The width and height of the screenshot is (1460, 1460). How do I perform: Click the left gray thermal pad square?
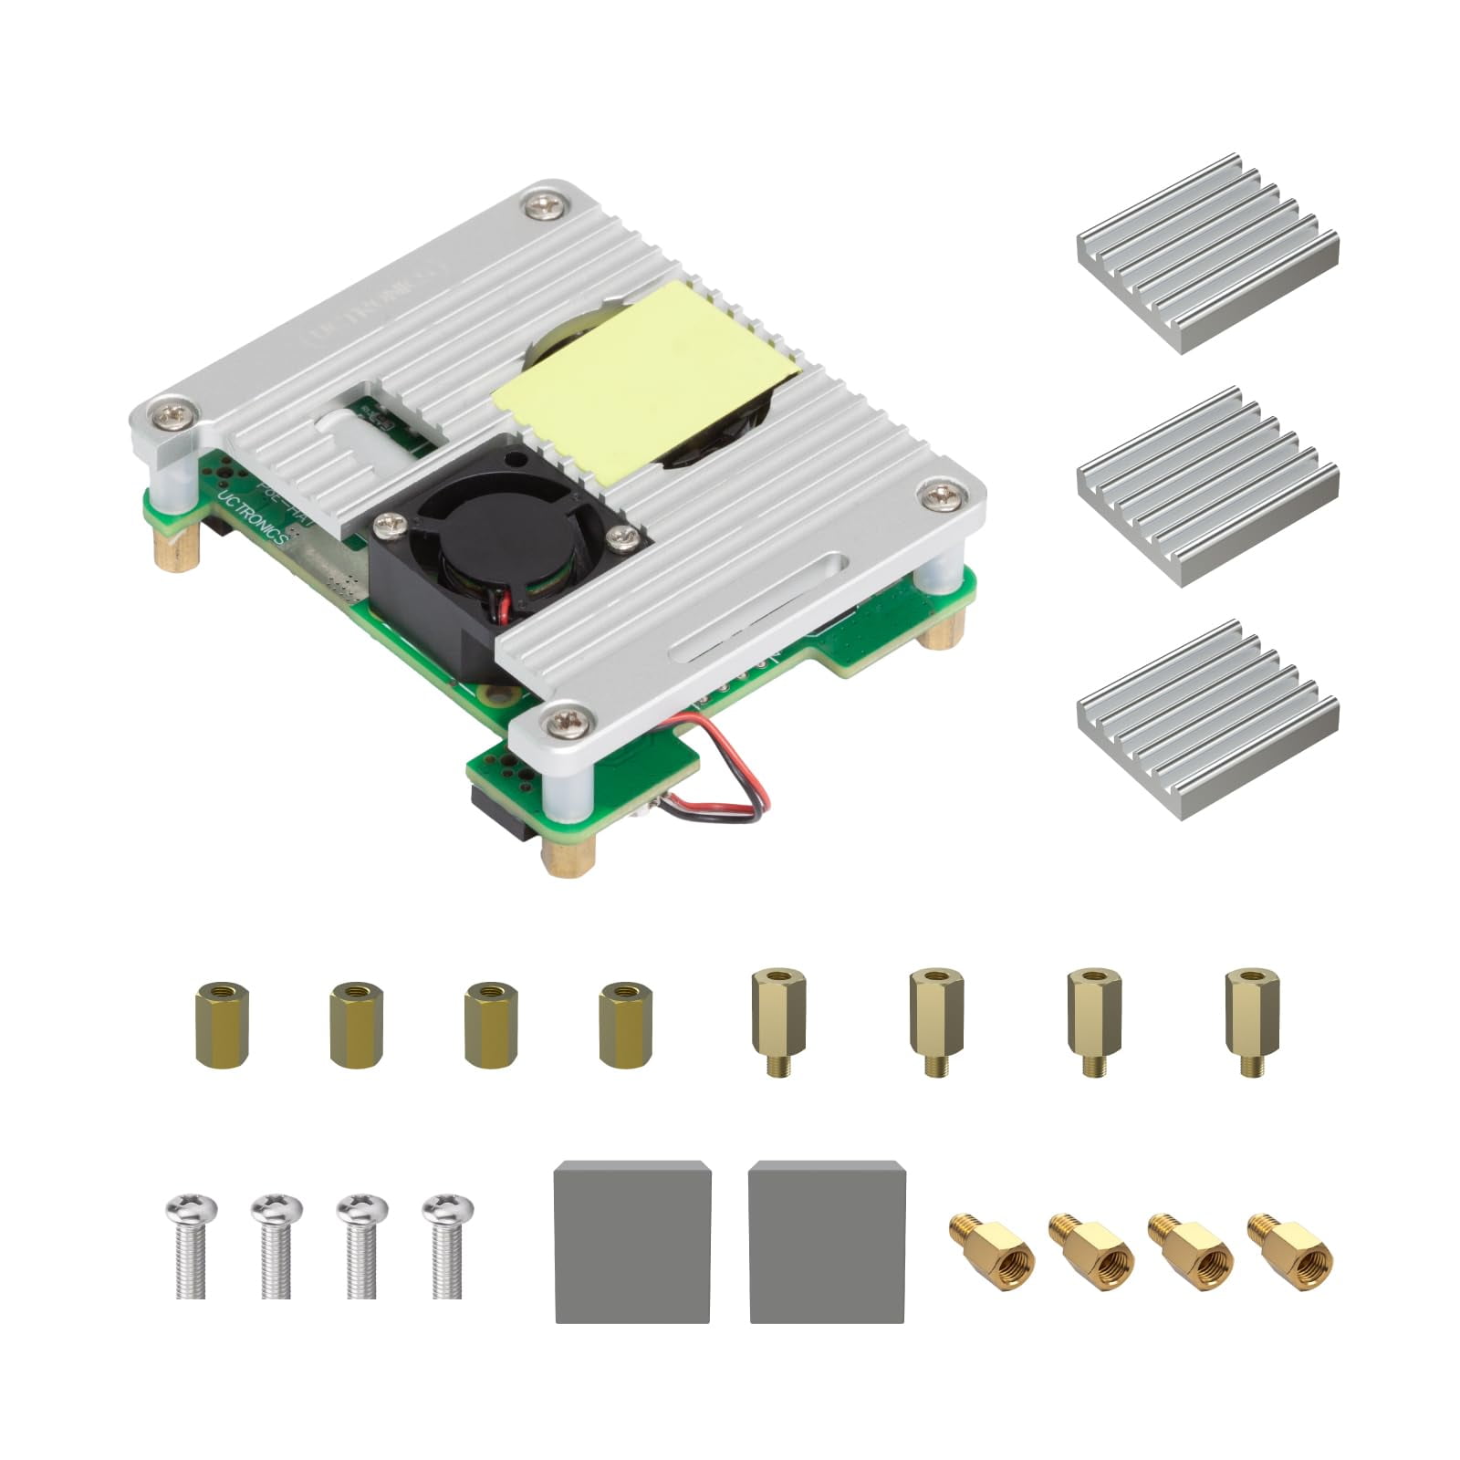(x=632, y=1241)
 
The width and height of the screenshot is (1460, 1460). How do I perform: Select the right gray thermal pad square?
(x=827, y=1241)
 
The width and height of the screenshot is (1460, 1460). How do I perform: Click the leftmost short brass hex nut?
(x=221, y=1023)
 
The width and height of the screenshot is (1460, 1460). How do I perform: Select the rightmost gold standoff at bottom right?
(x=1289, y=1251)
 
